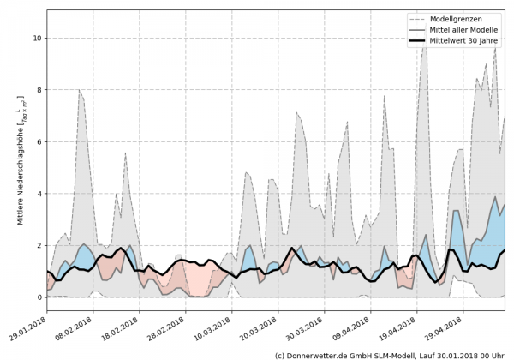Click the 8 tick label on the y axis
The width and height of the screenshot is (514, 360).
tap(38, 90)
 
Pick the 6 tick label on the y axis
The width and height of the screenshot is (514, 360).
tap(38, 141)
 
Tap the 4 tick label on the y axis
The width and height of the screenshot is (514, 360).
tap(38, 194)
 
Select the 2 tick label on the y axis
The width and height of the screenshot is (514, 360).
tap(38, 245)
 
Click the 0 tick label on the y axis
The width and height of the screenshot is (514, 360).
tap(38, 297)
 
